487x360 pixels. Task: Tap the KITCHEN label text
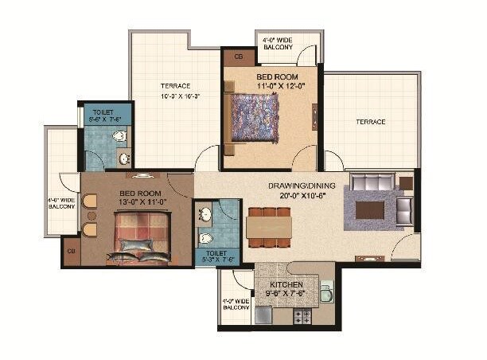[x=286, y=284]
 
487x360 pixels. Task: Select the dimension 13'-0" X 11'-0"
[x=140, y=203]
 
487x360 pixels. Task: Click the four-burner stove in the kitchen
[x=303, y=316]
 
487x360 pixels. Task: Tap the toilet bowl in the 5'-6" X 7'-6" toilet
[x=119, y=137]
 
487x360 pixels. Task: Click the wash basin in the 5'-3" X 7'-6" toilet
[x=206, y=213]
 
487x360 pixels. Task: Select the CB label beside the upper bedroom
[x=238, y=57]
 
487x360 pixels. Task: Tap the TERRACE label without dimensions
[x=370, y=122]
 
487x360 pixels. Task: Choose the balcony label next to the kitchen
[x=236, y=303]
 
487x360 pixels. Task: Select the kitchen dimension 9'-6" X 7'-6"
[x=286, y=294]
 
